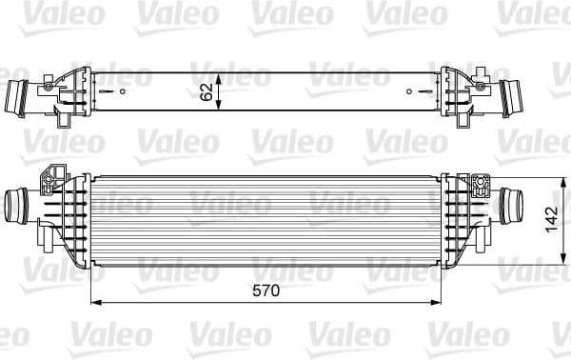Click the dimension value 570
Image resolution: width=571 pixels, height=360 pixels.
pos(266,291)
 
